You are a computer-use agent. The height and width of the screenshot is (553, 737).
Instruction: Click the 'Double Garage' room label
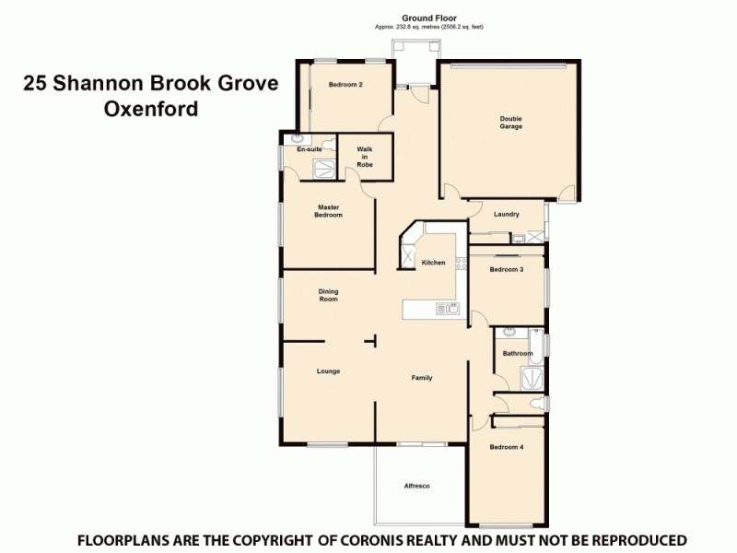click(510, 122)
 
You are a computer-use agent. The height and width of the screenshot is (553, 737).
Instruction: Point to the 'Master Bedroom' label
click(329, 211)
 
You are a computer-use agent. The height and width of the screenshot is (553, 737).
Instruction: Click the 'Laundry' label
click(506, 214)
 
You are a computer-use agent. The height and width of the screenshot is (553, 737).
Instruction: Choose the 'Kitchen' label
click(433, 263)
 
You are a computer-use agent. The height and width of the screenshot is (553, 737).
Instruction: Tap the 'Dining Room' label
click(329, 295)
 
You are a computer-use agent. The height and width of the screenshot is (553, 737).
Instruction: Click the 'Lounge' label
click(329, 371)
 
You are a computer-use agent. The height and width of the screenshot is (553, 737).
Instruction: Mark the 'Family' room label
click(422, 378)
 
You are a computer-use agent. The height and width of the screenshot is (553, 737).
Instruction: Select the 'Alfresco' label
click(417, 486)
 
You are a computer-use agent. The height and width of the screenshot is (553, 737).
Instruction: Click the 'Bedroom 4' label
click(506, 447)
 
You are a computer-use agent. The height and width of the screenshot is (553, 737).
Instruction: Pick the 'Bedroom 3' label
click(506, 269)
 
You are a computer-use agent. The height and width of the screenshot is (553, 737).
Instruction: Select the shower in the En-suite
click(324, 166)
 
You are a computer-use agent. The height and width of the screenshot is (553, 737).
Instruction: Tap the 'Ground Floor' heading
click(428, 18)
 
